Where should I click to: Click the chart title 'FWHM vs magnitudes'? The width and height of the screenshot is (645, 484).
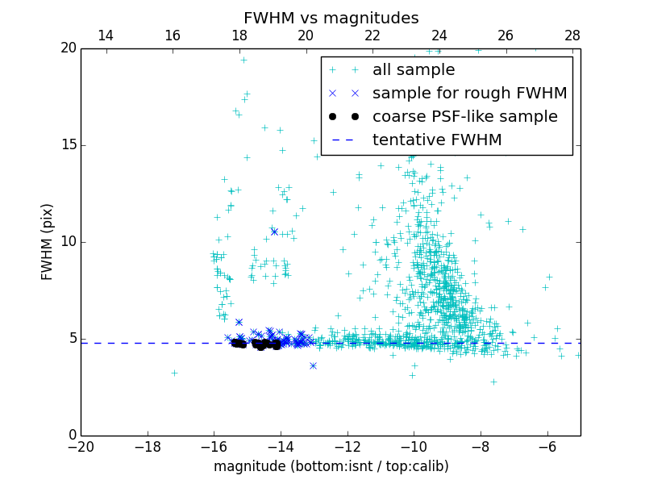[x=331, y=18]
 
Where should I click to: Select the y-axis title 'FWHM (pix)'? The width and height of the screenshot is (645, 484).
[x=48, y=242]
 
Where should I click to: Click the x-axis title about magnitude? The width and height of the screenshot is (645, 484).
[x=331, y=466]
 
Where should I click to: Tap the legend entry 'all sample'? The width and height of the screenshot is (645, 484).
[x=413, y=70]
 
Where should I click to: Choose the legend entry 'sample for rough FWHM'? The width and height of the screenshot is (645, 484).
[x=469, y=94]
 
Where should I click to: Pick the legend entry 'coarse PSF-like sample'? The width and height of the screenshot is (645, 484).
[x=464, y=117]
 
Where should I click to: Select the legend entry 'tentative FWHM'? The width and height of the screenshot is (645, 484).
[x=436, y=140]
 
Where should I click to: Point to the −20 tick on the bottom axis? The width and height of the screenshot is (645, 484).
[x=81, y=446]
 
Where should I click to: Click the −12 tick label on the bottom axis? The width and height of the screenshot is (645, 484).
[x=347, y=446]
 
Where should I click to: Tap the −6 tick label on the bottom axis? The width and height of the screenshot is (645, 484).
[x=547, y=446]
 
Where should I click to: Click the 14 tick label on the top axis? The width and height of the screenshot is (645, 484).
[x=105, y=35]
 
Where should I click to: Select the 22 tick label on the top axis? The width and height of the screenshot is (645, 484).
[x=372, y=35]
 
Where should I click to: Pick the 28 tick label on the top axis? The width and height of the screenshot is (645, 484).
[x=572, y=35]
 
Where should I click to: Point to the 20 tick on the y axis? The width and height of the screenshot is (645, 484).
[x=67, y=48]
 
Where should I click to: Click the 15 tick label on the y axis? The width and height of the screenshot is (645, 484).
[x=67, y=145]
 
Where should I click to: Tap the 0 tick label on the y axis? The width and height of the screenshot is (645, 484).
[x=71, y=436]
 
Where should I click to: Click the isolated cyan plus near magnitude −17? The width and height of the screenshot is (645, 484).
[x=174, y=373]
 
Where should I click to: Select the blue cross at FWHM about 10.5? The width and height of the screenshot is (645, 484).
[x=274, y=232]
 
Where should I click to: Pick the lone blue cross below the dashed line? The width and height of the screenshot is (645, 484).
[x=313, y=365]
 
